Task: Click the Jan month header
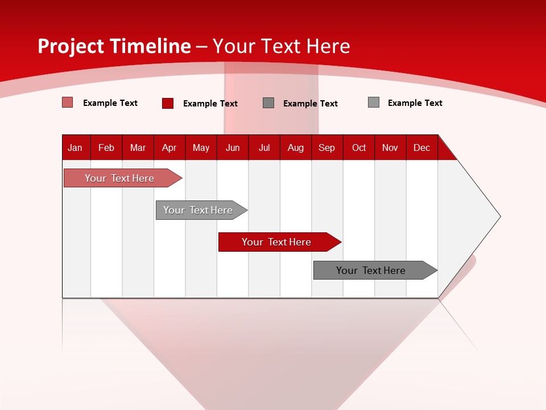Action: [x=75, y=147]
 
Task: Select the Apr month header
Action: [x=169, y=147]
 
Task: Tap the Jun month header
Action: [x=233, y=147]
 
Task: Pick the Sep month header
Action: [x=326, y=147]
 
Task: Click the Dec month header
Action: [x=421, y=147]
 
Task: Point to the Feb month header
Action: [x=106, y=147]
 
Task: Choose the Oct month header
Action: [x=359, y=147]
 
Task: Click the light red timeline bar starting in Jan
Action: [x=119, y=178]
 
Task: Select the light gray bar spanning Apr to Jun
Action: [x=198, y=210]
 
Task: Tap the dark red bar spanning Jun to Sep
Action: [x=276, y=242]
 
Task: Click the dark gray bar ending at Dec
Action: [x=371, y=270]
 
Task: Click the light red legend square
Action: [x=68, y=102]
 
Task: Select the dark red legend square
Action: [x=168, y=103]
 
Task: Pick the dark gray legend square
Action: [x=268, y=103]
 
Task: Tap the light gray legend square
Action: [x=374, y=102]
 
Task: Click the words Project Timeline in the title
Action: [x=114, y=46]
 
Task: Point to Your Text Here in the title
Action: [x=281, y=46]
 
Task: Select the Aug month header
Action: [x=296, y=147]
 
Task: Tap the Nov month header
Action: [x=390, y=147]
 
